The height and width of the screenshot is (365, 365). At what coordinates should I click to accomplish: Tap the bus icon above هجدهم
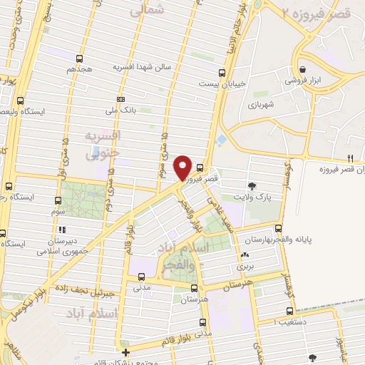79,59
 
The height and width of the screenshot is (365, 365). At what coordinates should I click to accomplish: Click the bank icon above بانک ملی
121,99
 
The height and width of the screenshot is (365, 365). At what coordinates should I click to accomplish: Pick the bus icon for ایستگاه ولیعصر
20,101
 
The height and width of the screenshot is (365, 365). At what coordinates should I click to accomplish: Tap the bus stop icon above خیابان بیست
222,72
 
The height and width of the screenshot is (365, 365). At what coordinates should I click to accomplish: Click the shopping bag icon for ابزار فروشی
304,69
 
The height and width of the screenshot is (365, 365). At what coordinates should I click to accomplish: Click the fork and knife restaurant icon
349,158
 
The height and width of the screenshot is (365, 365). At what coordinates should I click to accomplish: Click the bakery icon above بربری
245,255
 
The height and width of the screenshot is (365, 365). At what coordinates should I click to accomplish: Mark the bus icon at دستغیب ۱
289,311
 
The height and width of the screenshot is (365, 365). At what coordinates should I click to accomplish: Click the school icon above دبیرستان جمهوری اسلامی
62,230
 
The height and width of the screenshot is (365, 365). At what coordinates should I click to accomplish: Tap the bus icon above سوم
58,201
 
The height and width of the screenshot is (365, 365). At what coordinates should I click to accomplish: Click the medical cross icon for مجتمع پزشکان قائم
125,352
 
